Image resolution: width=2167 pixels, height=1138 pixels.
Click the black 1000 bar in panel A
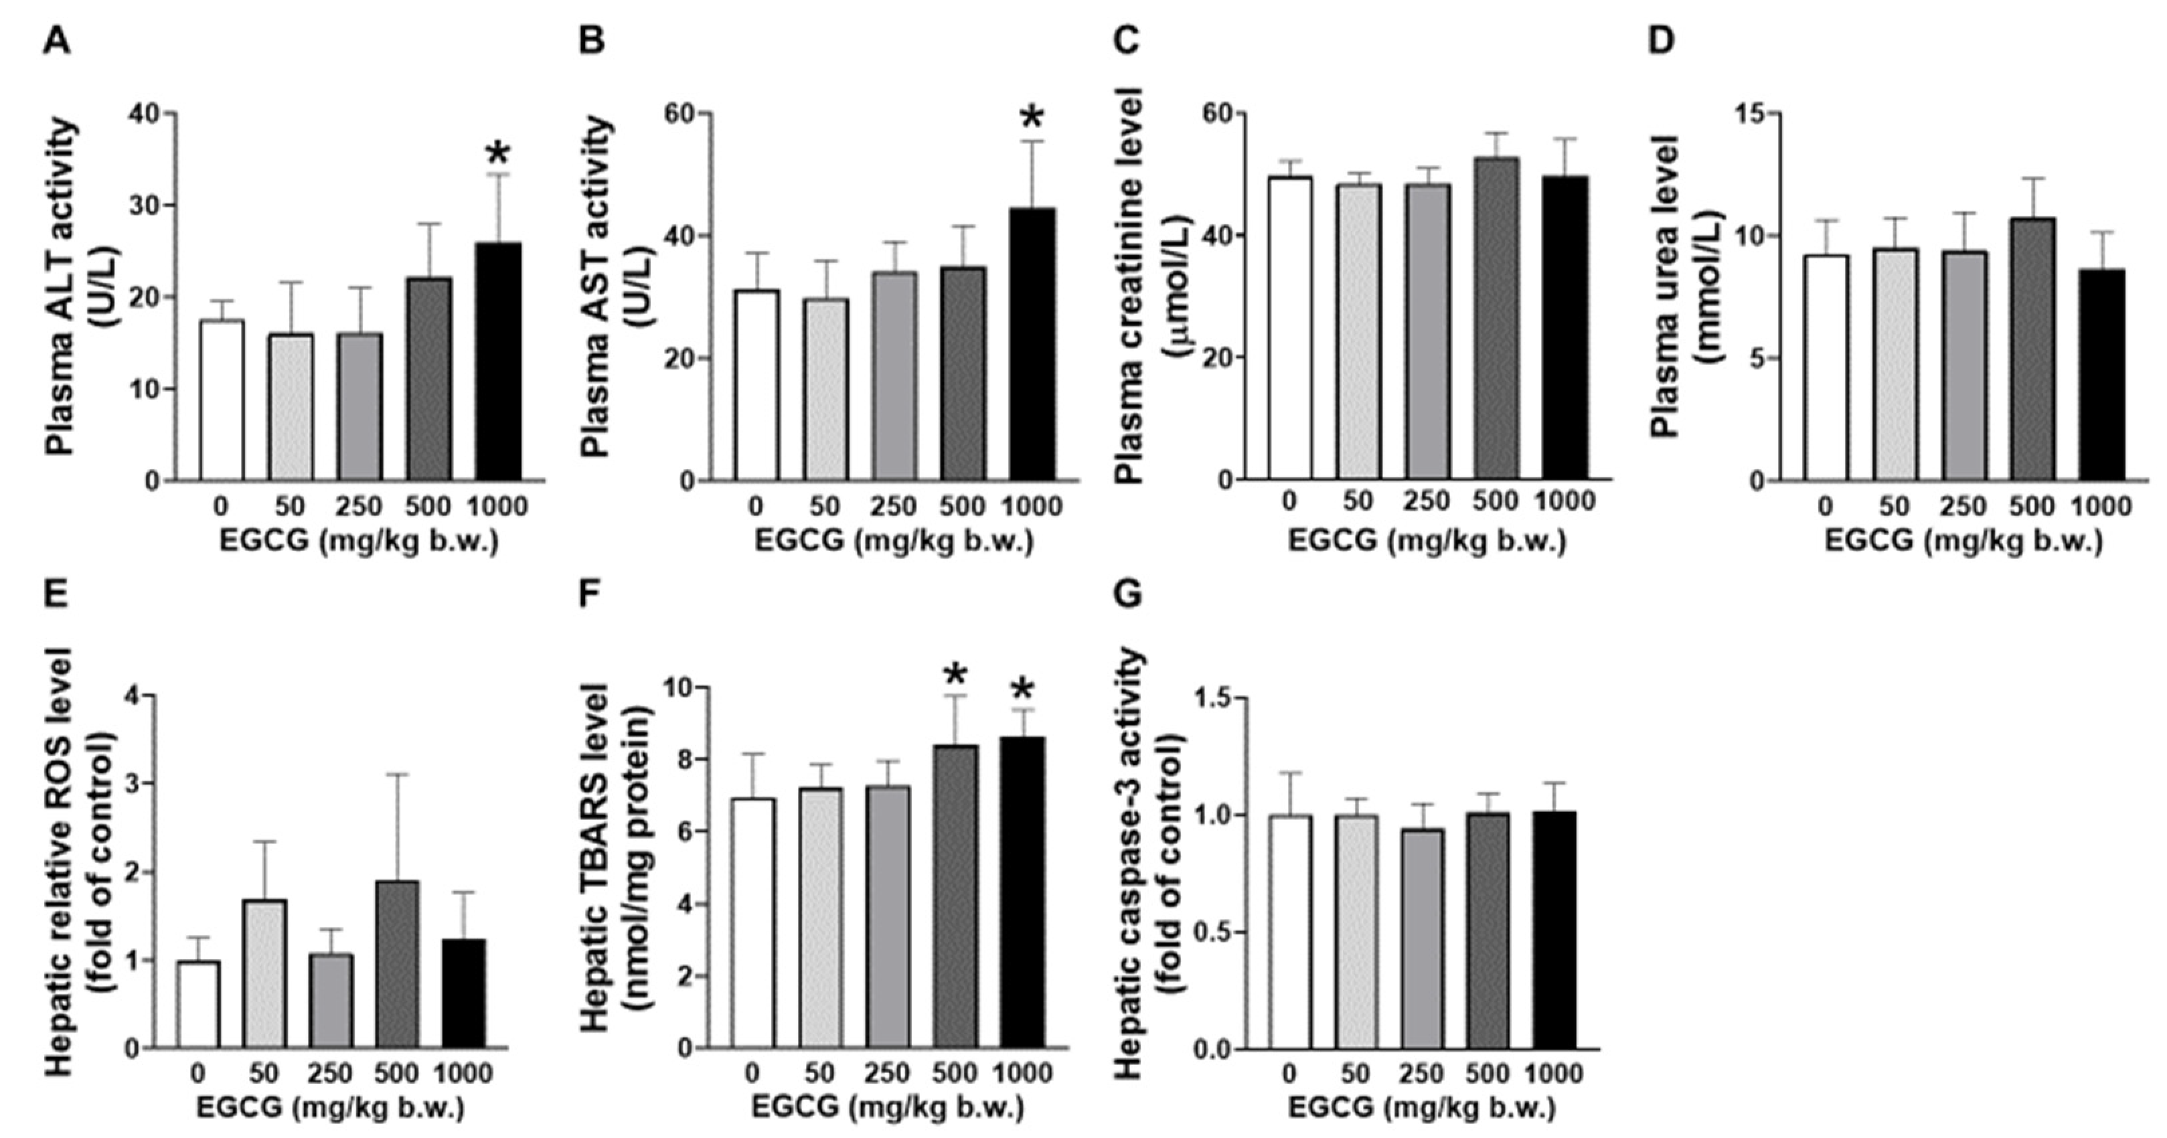pos(498,361)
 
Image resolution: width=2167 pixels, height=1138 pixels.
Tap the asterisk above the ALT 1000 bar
pos(498,154)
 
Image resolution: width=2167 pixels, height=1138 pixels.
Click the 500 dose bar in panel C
pos(1496,319)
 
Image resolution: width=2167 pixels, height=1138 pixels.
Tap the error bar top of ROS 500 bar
pos(397,775)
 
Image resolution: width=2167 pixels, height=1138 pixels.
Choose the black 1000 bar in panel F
pos(1023,892)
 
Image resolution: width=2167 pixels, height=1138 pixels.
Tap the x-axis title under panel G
pos(1422,1108)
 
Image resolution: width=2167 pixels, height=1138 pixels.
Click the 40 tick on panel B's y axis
pos(686,236)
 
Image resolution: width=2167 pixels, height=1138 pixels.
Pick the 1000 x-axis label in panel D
pos(2101,506)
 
